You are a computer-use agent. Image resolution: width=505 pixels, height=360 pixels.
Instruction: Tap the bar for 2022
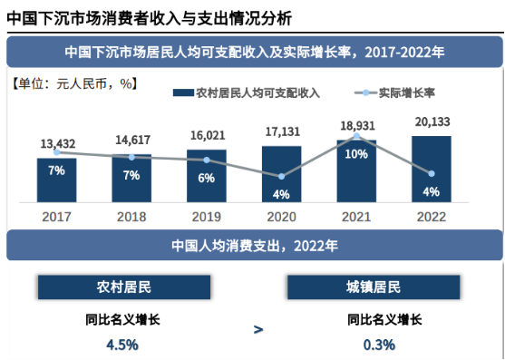pos(432,170)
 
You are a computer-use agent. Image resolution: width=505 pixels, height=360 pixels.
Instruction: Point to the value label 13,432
pos(57,143)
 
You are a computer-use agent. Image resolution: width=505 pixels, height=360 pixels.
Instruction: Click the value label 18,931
pos(355,123)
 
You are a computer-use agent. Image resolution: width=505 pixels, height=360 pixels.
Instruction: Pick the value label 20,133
pos(432,121)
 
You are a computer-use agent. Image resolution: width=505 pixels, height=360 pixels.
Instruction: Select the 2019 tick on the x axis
pos(207,217)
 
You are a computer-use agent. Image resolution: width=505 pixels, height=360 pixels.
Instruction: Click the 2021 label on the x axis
pos(356,217)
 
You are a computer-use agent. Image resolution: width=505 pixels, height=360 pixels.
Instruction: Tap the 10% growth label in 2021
pos(356,154)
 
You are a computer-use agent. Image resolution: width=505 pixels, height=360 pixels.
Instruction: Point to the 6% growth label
pos(207,178)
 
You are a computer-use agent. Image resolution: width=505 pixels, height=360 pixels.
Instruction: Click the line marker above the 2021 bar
pos(356,136)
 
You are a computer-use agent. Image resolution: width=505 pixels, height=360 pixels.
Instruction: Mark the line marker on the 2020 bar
pos(281,176)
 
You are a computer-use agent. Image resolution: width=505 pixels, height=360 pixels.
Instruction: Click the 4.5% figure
pos(121,344)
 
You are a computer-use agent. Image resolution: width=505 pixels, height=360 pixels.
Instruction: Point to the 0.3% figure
pos(379,344)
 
